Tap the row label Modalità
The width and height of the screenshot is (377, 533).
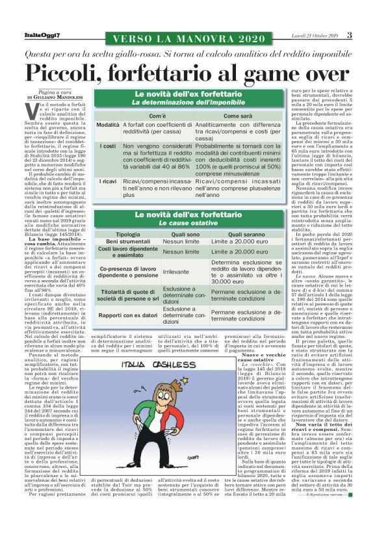tap(108, 124)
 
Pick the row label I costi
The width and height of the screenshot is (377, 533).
tap(108, 146)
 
